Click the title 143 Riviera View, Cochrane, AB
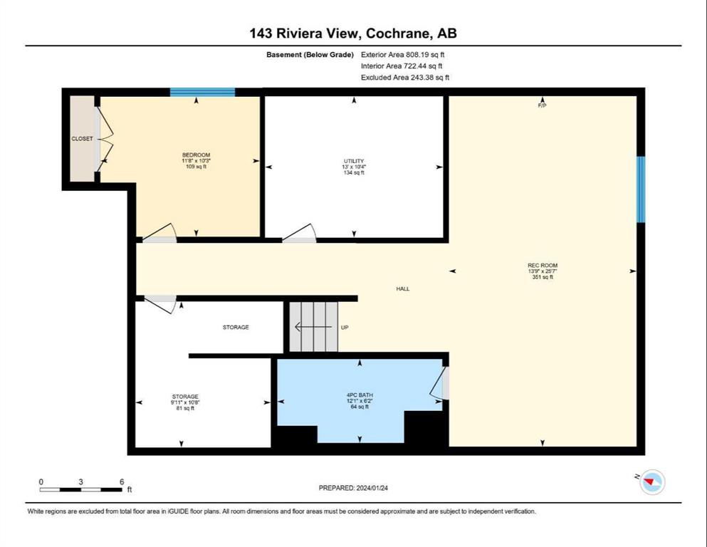click(x=353, y=33)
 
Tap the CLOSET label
click(x=82, y=138)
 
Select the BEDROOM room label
click(x=196, y=155)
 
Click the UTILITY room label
click(x=353, y=161)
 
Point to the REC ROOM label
click(x=543, y=265)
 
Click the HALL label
click(x=403, y=288)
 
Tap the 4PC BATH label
click(x=360, y=395)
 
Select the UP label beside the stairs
click(x=345, y=328)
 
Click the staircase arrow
click(x=313, y=326)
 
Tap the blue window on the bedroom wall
click(x=202, y=93)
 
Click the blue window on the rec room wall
click(x=641, y=189)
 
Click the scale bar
click(x=80, y=489)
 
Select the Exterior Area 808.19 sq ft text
click(x=403, y=55)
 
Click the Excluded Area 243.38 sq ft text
click(x=405, y=77)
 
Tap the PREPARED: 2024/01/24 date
click(x=353, y=488)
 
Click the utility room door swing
click(x=300, y=233)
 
